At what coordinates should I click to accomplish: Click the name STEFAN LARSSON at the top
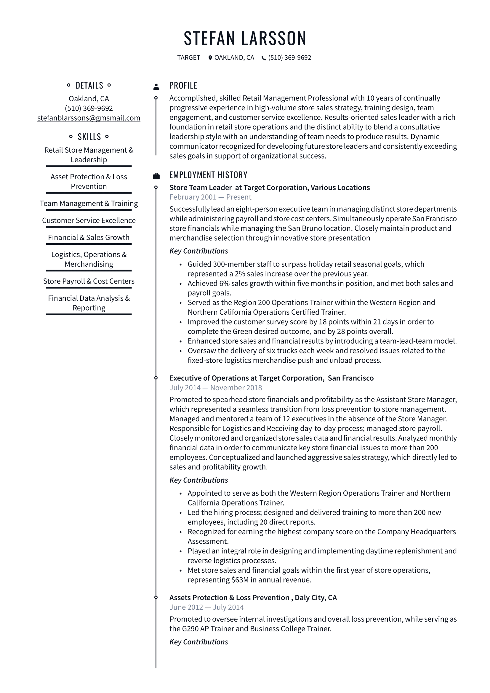coord(245,38)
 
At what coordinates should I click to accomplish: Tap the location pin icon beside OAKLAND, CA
coord(210,58)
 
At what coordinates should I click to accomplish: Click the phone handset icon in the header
coord(264,58)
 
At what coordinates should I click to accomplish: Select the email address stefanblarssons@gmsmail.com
coord(89,118)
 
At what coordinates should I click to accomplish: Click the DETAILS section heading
coord(89,85)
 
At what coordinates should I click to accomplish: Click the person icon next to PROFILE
coord(156,87)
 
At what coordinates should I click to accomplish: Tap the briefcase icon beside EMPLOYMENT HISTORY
coord(156,176)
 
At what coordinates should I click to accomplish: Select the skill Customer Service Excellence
coord(89,220)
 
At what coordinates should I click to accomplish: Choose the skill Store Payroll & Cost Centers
coord(89,281)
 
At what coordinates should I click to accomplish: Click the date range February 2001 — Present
coord(210,197)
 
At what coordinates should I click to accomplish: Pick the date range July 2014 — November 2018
coord(216,388)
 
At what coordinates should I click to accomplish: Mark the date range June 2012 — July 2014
coord(206,607)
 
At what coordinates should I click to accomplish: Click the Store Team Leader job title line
coord(269,188)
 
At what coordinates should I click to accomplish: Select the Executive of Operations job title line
coord(271,378)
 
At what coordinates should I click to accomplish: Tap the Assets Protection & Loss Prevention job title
coord(253,597)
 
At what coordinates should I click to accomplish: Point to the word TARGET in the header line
coord(189,58)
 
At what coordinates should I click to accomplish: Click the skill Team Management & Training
coord(89,204)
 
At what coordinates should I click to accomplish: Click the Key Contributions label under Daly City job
coord(198,642)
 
